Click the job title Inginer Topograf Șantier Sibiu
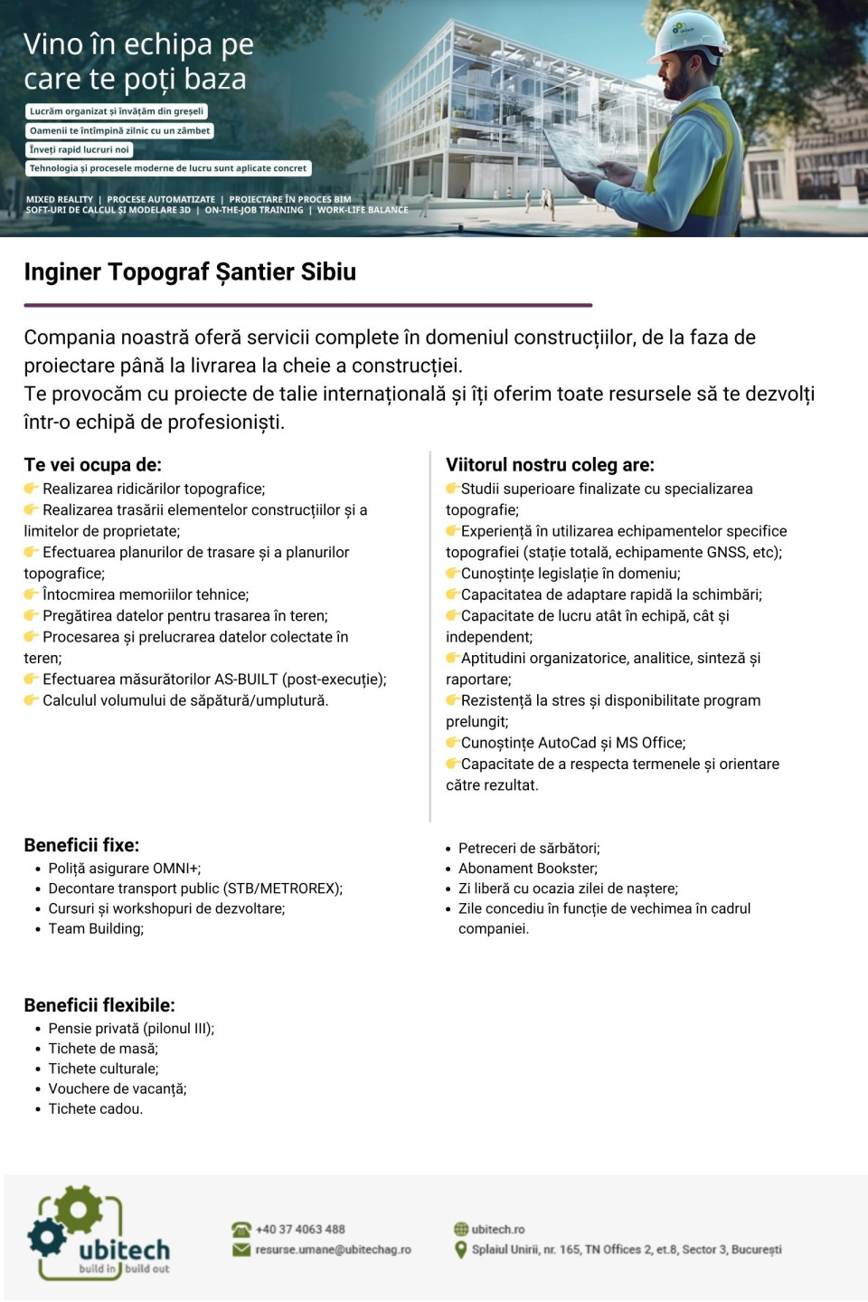pos(190,272)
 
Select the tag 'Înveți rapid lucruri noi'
pos(80,150)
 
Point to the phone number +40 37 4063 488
pos(300,1230)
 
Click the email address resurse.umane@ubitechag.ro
pos(333,1250)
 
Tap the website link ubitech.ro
pos(497,1230)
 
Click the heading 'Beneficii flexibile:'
pos(99,1005)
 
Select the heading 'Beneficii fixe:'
pos(81,845)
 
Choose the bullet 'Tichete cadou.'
pos(95,1109)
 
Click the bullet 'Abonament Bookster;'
pos(527,869)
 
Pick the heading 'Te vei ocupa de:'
pos(92,465)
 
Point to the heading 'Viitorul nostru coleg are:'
pos(550,465)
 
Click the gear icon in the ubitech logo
pos(77,1211)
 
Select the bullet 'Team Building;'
pos(96,928)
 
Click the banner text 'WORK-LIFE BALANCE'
pos(363,210)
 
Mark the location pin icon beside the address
pos(460,1250)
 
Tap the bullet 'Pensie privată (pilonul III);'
pos(131,1029)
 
